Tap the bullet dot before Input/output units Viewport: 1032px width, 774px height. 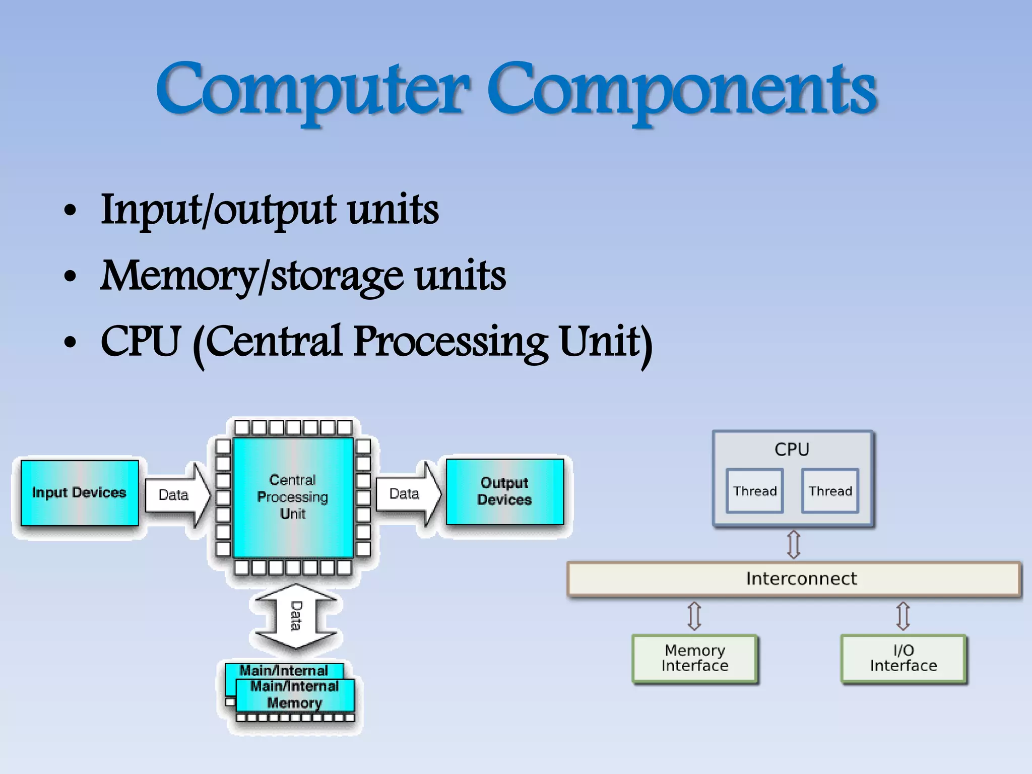point(71,211)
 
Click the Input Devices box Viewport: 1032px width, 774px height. point(79,493)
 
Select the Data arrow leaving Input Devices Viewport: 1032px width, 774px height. point(176,495)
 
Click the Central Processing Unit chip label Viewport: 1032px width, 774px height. point(293,497)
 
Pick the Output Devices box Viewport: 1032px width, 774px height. point(504,491)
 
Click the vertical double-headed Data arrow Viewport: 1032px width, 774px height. point(296,616)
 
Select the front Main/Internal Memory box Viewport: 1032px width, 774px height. point(295,695)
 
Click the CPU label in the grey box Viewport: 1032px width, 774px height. point(792,449)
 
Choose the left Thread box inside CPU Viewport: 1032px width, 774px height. point(754,491)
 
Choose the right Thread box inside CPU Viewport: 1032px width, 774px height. point(830,491)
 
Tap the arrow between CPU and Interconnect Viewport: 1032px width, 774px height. point(794,544)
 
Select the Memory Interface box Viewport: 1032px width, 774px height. point(694,658)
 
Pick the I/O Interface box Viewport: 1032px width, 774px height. point(903,658)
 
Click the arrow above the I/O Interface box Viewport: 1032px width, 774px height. point(903,616)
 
